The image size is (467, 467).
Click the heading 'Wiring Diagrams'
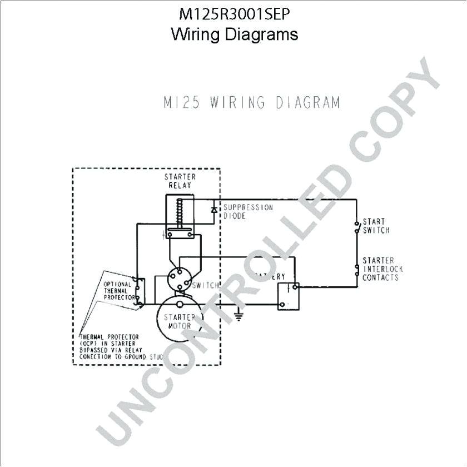pos(234,34)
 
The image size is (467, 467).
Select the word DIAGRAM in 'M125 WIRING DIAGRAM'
pos(305,103)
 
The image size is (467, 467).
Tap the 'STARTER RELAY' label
pos(180,181)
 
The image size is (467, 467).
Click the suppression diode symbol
pos(213,210)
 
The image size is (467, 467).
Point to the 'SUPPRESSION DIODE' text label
pos(248,211)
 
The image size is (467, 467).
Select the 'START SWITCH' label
pos(376,226)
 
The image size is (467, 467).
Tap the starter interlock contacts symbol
pos(356,270)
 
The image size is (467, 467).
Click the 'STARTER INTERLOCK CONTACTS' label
pos(382,269)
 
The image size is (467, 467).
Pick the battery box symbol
pos(289,296)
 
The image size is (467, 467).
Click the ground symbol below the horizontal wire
pos(239,316)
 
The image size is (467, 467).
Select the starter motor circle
pos(180,322)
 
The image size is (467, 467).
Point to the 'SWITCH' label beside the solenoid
pos(205,285)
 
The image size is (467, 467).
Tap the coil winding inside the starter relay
pos(179,213)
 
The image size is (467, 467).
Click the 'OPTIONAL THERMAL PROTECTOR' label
pos(118,291)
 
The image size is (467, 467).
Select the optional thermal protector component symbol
pos(140,291)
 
